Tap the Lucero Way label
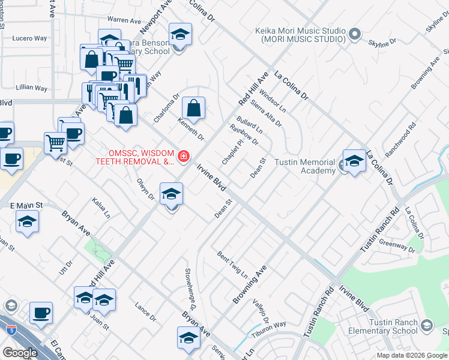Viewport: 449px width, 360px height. [29, 38]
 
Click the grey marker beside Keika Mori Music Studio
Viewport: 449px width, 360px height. [355, 34]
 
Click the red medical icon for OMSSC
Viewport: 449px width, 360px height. [182, 157]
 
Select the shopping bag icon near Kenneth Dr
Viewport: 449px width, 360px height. [193, 109]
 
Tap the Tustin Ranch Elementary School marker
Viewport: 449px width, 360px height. [427, 326]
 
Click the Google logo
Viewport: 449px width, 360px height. [20, 353]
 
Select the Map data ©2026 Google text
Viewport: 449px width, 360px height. [411, 355]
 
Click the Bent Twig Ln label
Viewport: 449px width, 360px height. [232, 264]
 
